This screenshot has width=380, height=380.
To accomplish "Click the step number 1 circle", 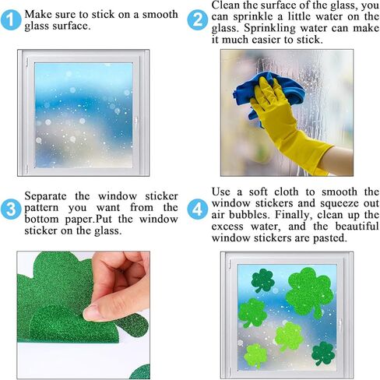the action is tap(11, 20).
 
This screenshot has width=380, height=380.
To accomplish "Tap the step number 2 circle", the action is tap(198, 20).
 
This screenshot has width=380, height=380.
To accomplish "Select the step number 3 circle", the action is tap(11, 209).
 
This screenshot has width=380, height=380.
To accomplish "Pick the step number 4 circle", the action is tap(198, 209).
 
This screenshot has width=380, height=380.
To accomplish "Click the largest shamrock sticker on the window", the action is tap(310, 292).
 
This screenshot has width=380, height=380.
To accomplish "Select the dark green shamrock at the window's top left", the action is tap(262, 280).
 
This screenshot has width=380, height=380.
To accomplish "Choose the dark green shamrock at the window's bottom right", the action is tap(323, 354).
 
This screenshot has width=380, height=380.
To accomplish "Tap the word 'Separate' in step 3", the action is tap(46, 196).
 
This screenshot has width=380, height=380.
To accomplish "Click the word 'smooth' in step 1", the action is tap(160, 15).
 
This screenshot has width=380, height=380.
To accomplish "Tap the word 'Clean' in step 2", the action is tap(226, 5).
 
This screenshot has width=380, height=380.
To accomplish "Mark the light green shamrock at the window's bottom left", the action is tap(255, 356).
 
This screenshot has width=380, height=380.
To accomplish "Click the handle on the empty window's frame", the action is tap(135, 121).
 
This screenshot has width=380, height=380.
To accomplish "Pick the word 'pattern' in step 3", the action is tap(41, 209).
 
